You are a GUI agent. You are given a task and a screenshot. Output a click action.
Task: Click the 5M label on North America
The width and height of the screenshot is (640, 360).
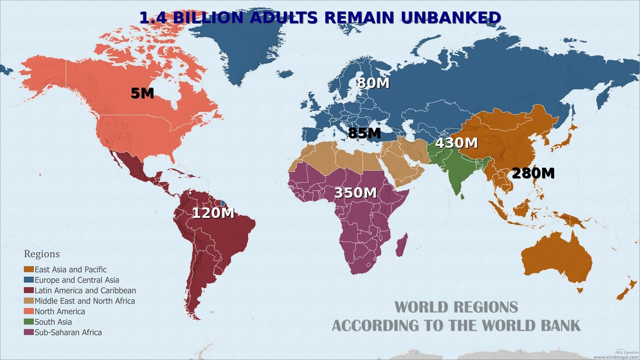tap(142, 93)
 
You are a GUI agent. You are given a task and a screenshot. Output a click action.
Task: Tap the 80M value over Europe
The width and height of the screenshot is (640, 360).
tap(373, 83)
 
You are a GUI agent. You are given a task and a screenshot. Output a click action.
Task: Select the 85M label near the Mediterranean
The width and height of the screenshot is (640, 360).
tap(364, 133)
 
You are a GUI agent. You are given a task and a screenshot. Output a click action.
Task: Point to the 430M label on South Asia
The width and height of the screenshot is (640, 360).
tap(456, 143)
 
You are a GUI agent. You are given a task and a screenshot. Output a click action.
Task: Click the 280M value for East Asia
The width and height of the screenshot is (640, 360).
tap(533, 173)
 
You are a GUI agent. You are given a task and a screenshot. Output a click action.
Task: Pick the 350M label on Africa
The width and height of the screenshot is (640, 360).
tap(356, 193)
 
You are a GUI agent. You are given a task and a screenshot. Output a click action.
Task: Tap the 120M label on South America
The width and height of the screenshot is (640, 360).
tap(213, 213)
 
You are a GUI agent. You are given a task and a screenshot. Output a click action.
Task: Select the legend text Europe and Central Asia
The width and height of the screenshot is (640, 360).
tap(77, 280)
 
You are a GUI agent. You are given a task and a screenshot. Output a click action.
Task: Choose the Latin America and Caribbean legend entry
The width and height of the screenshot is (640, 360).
tap(85, 291)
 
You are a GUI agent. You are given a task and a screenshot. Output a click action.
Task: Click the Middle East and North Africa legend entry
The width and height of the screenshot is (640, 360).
tap(84, 301)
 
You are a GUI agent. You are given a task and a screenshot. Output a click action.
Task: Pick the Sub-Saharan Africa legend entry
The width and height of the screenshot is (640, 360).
tap(68, 332)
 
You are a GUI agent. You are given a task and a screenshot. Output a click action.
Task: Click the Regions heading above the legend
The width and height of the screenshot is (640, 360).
tap(42, 254)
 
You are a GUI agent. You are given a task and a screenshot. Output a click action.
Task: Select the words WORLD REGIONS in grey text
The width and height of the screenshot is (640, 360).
tap(456, 306)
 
